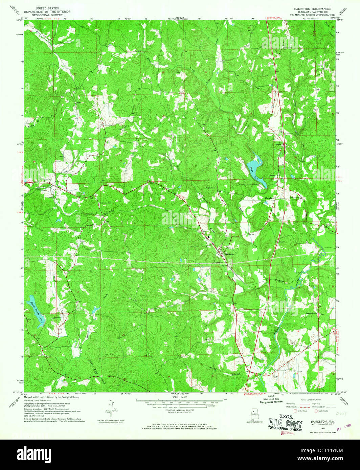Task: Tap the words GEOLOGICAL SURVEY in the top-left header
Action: pyautogui.click(x=44, y=15)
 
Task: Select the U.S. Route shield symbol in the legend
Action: pyautogui.click(x=295, y=412)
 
